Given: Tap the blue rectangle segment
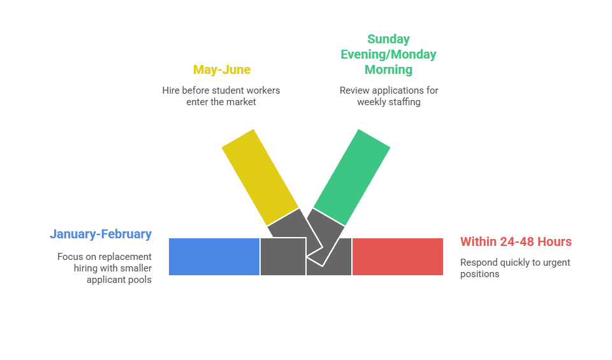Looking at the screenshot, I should [214, 257].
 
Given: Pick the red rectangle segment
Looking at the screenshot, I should [398, 257].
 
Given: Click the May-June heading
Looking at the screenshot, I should [222, 69].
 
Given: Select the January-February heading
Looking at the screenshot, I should [101, 234].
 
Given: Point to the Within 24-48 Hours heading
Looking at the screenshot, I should [516, 241].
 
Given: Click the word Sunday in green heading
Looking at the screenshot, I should [389, 39].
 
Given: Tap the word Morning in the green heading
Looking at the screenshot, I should [388, 69].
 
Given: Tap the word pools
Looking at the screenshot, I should [140, 280].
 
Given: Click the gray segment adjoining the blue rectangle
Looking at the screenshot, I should [282, 257].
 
